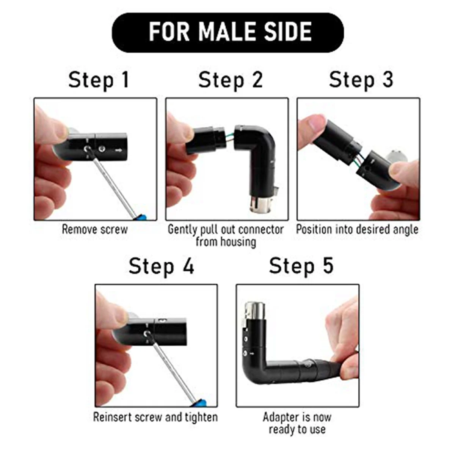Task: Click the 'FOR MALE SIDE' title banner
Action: (228, 32)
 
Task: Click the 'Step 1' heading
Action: (99, 80)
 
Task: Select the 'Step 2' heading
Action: (230, 80)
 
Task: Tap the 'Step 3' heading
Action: (361, 80)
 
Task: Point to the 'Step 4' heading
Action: (161, 266)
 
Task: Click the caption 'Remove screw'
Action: (95, 230)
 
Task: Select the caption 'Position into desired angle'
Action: (357, 230)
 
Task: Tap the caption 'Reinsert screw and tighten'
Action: (155, 417)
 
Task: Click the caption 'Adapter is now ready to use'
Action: (297, 423)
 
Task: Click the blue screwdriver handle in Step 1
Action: (141, 217)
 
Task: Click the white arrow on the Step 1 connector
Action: (119, 151)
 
